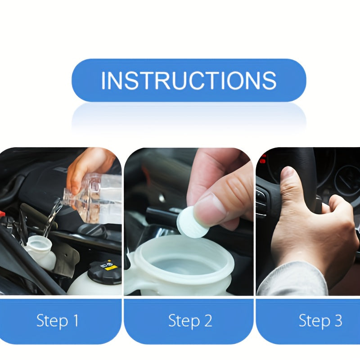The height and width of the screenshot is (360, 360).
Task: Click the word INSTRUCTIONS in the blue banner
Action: [189, 80]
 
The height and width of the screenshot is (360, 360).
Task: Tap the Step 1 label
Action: [57, 321]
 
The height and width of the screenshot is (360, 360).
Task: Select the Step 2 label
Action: [190, 321]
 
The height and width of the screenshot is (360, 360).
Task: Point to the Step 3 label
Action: [320, 321]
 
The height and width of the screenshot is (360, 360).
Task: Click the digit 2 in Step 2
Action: [207, 321]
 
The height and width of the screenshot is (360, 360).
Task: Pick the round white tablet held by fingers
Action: [192, 222]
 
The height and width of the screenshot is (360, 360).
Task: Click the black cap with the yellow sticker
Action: [104, 272]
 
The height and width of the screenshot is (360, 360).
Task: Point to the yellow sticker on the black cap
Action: [110, 267]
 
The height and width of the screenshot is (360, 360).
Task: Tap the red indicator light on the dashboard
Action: [263, 159]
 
